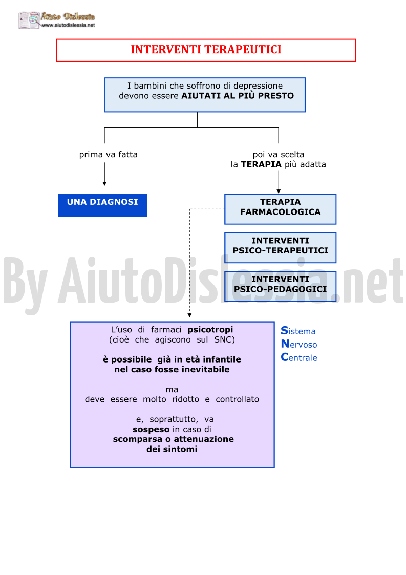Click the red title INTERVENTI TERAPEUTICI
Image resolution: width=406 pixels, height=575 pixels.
[206, 50]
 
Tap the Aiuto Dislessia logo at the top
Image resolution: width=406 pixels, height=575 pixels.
[57, 20]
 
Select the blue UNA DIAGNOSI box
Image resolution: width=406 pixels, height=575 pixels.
[102, 205]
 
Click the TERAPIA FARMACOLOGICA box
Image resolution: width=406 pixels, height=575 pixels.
[280, 209]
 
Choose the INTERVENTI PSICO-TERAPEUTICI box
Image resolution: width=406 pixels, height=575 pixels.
[280, 247]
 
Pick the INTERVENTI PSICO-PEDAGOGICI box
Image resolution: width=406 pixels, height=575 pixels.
[280, 286]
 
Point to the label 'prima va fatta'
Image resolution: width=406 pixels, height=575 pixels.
[108, 155]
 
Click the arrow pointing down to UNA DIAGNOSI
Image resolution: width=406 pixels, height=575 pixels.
[104, 174]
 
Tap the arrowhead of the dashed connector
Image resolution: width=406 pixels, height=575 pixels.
[189, 315]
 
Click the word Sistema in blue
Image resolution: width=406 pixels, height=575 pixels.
[298, 331]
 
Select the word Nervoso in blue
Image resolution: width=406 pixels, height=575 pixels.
[299, 344]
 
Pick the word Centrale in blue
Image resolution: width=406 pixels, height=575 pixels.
[299, 357]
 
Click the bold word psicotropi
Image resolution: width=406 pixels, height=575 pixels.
[210, 330]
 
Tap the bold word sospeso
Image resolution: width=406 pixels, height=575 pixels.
[151, 430]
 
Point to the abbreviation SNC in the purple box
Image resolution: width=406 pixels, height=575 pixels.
[223, 339]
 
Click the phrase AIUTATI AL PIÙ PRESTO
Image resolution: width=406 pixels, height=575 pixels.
[238, 96]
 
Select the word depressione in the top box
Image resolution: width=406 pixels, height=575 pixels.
[258, 86]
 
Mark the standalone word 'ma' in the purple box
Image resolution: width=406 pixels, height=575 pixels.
[172, 390]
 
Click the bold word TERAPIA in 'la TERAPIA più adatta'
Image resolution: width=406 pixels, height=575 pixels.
[261, 164]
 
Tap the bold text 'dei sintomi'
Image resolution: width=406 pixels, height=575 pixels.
[172, 449]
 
